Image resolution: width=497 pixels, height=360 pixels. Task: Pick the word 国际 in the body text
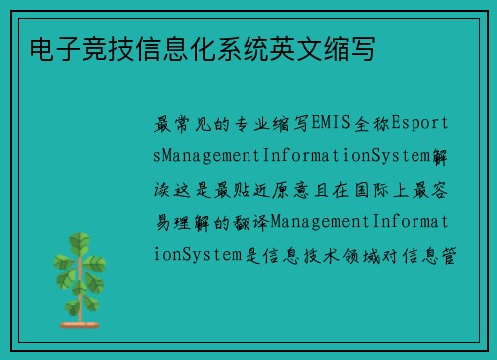(365, 190)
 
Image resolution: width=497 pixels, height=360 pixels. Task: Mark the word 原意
(292, 190)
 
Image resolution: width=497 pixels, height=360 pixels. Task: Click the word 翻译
(250, 222)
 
